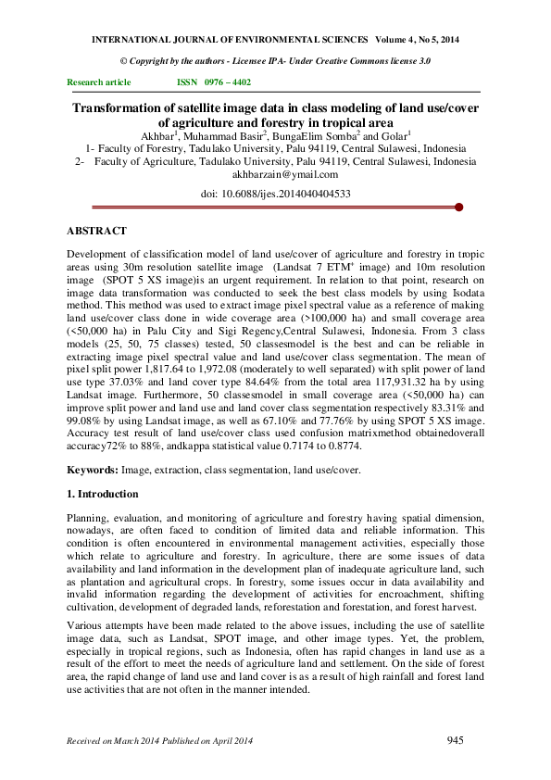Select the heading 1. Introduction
(x=103, y=494)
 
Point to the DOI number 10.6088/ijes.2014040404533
(x=288, y=194)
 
